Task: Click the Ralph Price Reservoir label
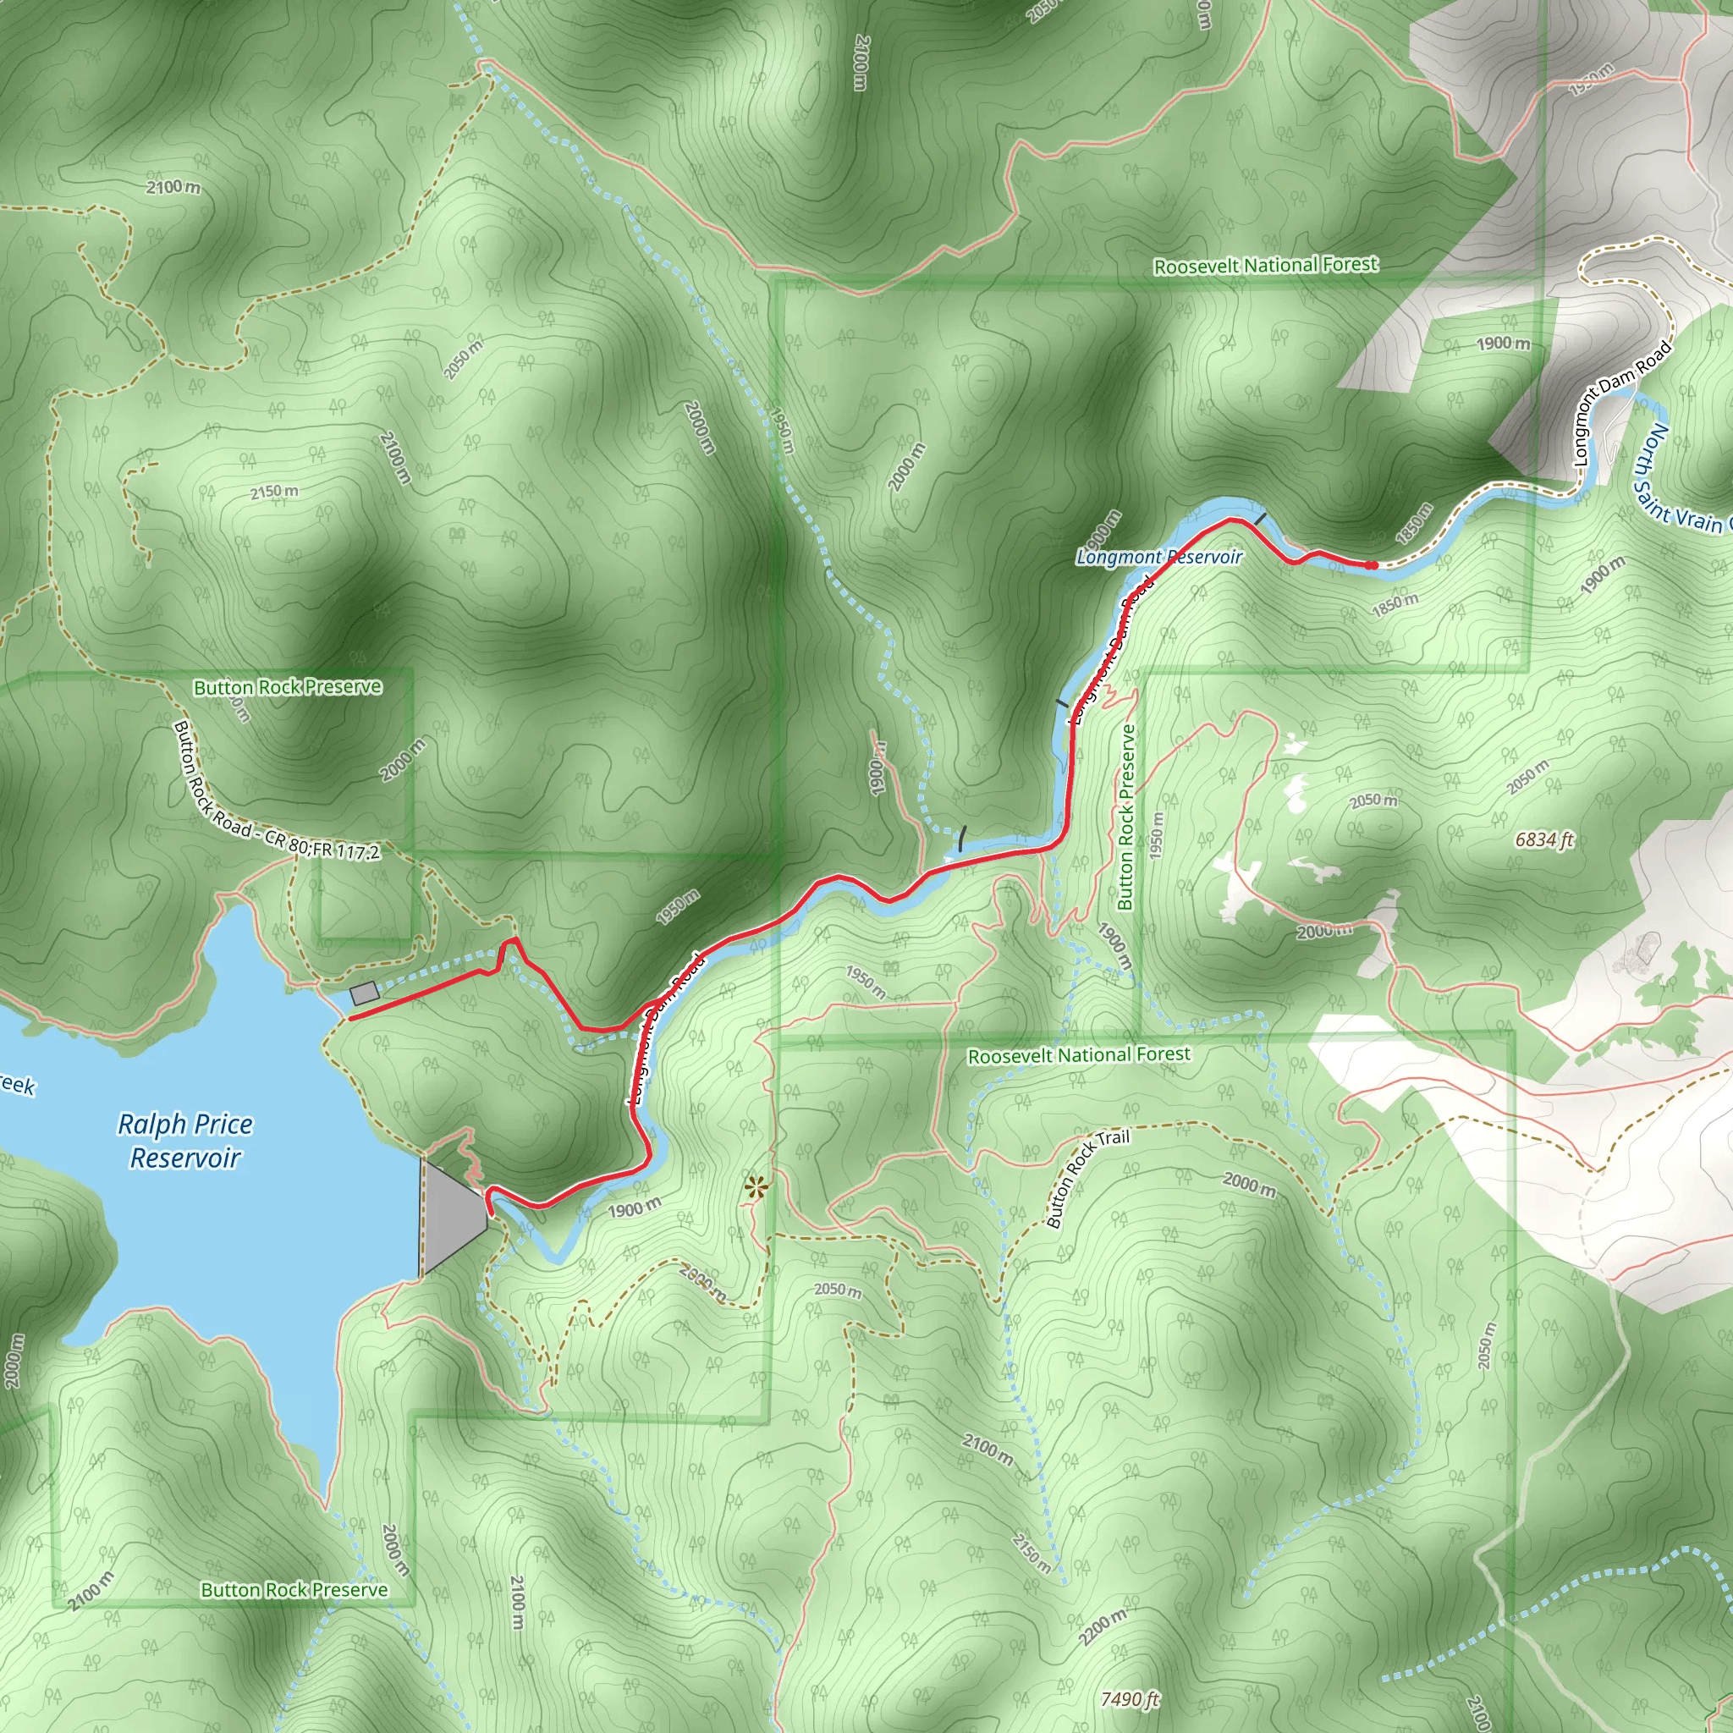[x=184, y=1141]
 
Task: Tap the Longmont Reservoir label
[x=1159, y=557]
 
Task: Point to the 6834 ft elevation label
[x=1544, y=840]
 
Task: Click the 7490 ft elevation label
[x=1131, y=1700]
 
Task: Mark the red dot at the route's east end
[x=1372, y=564]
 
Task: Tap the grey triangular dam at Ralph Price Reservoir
[x=451, y=1215]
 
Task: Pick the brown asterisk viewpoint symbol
[x=756, y=1190]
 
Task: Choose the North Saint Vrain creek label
[x=1686, y=480]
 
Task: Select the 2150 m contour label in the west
[x=274, y=492]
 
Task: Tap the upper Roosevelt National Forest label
[x=1266, y=266]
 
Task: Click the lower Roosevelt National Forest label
[x=1079, y=1055]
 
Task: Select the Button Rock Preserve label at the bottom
[x=294, y=1590]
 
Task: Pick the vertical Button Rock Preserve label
[x=1126, y=817]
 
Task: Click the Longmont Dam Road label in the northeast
[x=1623, y=403]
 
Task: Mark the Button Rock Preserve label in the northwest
[x=288, y=687]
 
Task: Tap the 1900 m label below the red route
[x=634, y=1209]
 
